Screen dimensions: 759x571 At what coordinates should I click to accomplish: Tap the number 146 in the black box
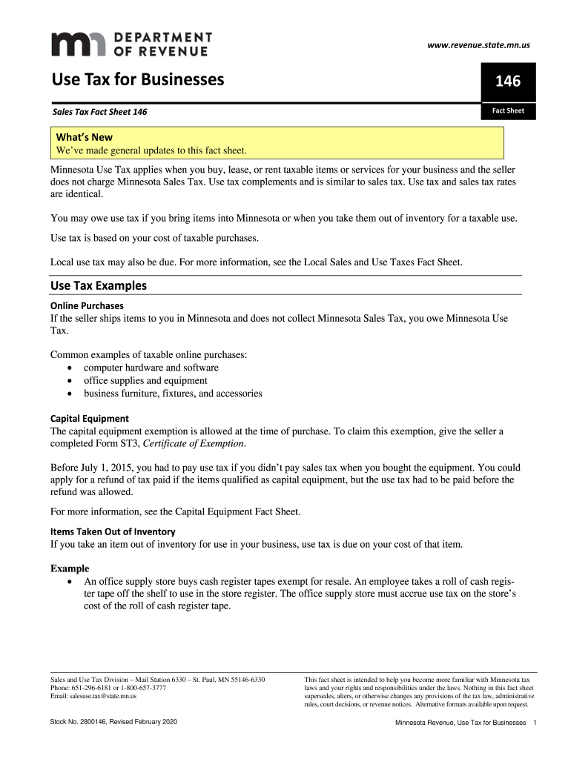(508, 82)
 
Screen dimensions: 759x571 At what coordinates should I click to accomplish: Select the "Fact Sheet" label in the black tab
(508, 111)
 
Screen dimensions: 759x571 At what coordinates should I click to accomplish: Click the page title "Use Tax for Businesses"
(137, 79)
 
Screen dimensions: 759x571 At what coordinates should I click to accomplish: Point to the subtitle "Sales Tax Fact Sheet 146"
(99, 112)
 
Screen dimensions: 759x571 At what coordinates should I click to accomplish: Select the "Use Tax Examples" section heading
(99, 285)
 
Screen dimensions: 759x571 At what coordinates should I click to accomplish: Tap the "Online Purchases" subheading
(87, 305)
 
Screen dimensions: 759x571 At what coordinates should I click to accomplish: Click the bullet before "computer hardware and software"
(70, 368)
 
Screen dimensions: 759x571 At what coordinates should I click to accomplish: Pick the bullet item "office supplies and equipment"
(145, 380)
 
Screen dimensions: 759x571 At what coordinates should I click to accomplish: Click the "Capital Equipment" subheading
(89, 418)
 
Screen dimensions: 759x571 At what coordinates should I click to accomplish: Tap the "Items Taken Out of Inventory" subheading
(113, 531)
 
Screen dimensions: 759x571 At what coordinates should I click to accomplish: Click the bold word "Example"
(70, 569)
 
